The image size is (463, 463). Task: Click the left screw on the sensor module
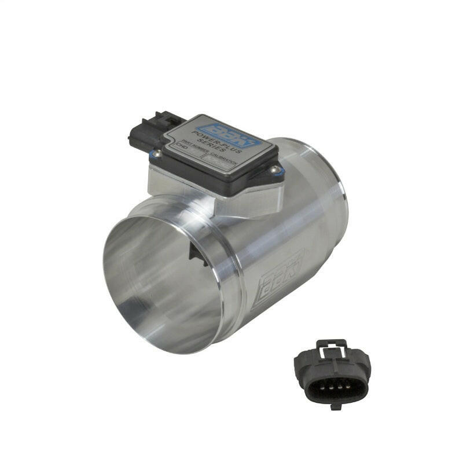coord(156,153)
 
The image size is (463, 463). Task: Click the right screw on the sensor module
coord(275,170)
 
